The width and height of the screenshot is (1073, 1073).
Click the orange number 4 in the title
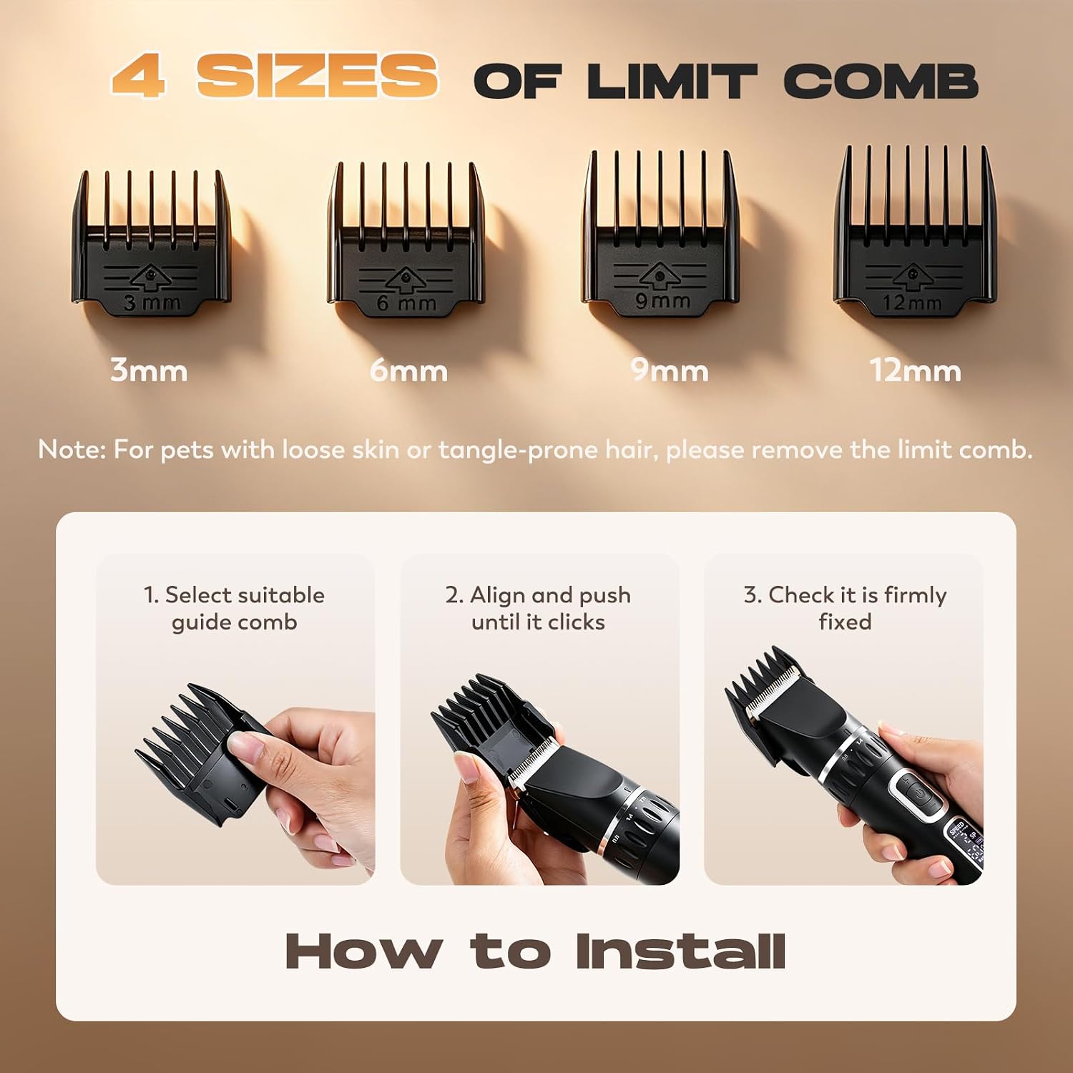click(x=139, y=76)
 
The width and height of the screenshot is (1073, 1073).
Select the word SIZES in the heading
click(x=318, y=76)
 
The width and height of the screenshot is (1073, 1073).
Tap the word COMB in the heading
click(x=881, y=81)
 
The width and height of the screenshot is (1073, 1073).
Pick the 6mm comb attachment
click(x=406, y=240)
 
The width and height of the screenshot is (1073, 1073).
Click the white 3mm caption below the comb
click(x=149, y=371)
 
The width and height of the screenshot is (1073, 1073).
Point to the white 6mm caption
click(x=408, y=371)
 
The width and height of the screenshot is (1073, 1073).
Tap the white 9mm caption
click(x=670, y=371)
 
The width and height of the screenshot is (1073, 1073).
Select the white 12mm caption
click(x=915, y=371)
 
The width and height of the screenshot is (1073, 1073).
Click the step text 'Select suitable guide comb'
click(x=234, y=608)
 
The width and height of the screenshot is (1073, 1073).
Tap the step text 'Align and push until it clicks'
click(x=538, y=608)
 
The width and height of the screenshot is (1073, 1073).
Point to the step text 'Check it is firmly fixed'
click(x=845, y=608)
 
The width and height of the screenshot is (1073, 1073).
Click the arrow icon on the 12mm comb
click(x=911, y=278)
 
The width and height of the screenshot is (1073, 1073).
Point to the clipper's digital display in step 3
click(x=967, y=844)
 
